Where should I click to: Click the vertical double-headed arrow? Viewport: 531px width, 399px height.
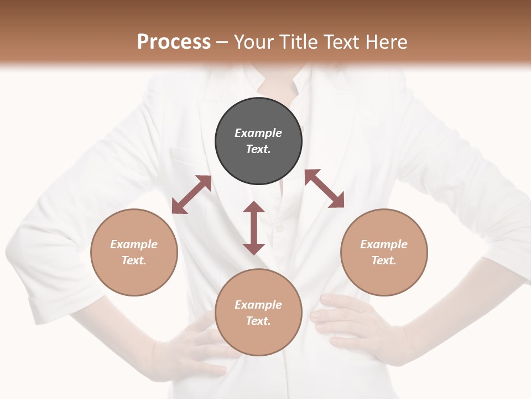(x=254, y=228)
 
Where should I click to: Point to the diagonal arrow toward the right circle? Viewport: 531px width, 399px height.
(x=325, y=188)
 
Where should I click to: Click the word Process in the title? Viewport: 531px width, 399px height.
(x=174, y=42)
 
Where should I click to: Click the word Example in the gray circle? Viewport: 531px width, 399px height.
(x=258, y=133)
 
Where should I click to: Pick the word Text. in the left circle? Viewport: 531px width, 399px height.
(x=134, y=260)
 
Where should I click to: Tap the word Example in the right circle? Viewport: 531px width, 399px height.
(x=384, y=244)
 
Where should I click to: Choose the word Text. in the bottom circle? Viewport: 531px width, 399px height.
(x=258, y=321)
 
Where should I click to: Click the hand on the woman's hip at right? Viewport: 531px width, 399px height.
(x=348, y=321)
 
